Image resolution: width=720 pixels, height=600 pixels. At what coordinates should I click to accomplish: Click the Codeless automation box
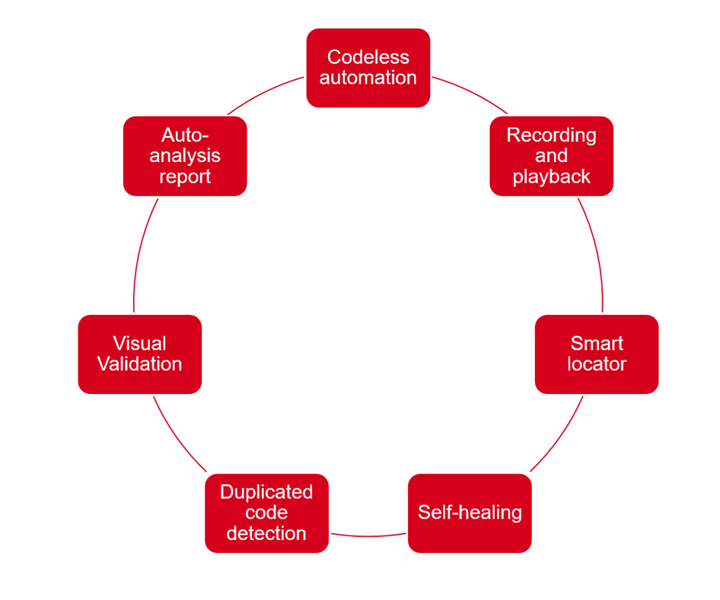[x=368, y=68]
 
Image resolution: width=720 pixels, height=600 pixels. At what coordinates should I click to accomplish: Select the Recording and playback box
[x=551, y=156]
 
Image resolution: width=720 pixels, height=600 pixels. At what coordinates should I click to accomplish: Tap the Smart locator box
[x=597, y=354]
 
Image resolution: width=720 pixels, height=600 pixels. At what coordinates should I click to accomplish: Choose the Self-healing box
[x=470, y=513]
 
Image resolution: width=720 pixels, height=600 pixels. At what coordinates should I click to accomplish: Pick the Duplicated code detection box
[x=266, y=513]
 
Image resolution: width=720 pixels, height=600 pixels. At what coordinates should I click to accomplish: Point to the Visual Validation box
[x=139, y=354]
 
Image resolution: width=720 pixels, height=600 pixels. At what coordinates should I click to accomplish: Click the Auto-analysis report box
[x=185, y=156]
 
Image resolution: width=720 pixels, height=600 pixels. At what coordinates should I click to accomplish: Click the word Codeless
[x=368, y=57]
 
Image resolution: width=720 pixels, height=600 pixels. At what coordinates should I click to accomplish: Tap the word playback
[x=551, y=176]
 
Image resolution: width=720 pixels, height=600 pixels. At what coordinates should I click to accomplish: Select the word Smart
[x=597, y=343]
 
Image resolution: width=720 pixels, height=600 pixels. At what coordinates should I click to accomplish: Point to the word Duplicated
[x=266, y=492]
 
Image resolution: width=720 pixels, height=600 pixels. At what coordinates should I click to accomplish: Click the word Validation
[x=139, y=364]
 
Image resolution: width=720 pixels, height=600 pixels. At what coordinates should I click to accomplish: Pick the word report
[x=185, y=176]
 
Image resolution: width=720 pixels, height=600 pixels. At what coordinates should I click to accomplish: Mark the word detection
[x=266, y=533]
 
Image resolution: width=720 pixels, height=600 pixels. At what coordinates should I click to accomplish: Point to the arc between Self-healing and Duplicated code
[x=368, y=536]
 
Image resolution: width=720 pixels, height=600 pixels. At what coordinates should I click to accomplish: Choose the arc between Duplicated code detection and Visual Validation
[x=177, y=437]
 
